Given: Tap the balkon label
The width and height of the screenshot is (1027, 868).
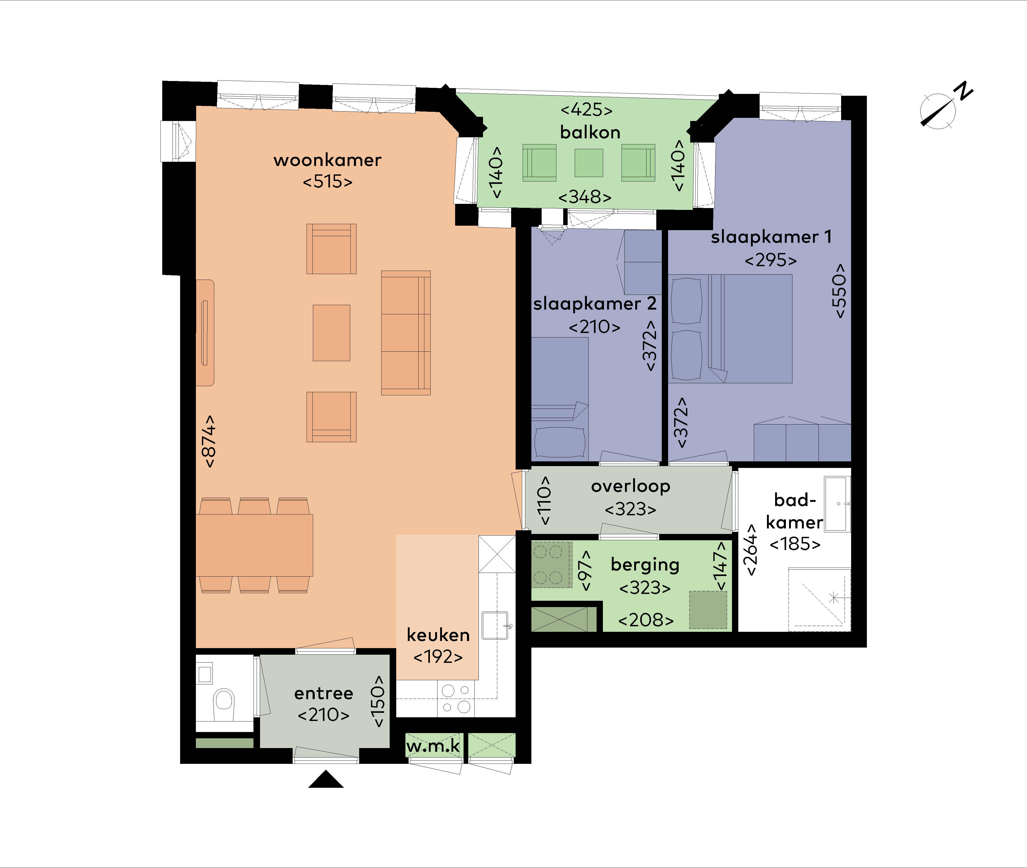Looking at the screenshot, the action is tap(590, 132).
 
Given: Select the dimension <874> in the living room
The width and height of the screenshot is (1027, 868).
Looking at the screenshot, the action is tap(209, 441).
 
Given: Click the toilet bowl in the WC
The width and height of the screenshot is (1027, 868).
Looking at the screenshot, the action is tap(224, 704).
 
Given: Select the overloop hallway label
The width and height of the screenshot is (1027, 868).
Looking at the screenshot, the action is tap(631, 486).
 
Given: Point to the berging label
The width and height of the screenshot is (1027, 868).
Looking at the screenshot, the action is tap(645, 565).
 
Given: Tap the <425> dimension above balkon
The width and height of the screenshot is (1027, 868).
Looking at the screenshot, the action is tap(587, 109).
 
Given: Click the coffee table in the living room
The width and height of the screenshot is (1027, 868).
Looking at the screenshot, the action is tap(332, 333).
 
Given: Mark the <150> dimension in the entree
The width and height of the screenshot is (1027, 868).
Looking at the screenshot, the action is tap(378, 701).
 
